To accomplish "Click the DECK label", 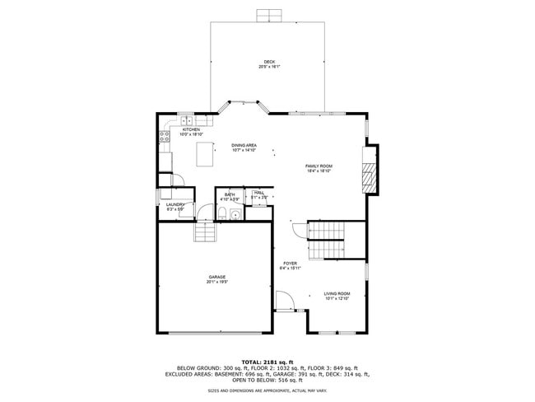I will click(x=269, y=62).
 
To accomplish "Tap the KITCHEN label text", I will click(x=191, y=129).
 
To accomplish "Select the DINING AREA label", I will click(x=244, y=146).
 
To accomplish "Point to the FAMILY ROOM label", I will click(x=319, y=166).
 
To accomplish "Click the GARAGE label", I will click(x=216, y=277).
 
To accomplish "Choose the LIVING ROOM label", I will click(x=337, y=293).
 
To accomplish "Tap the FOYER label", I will click(x=291, y=264).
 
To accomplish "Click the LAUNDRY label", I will click(x=174, y=204).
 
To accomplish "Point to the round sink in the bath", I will click(x=235, y=216).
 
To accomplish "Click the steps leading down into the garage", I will click(x=205, y=233).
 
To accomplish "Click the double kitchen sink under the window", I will click(x=187, y=123).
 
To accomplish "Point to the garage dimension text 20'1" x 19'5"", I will click(x=216, y=282).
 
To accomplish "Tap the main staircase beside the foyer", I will click(x=325, y=238).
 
